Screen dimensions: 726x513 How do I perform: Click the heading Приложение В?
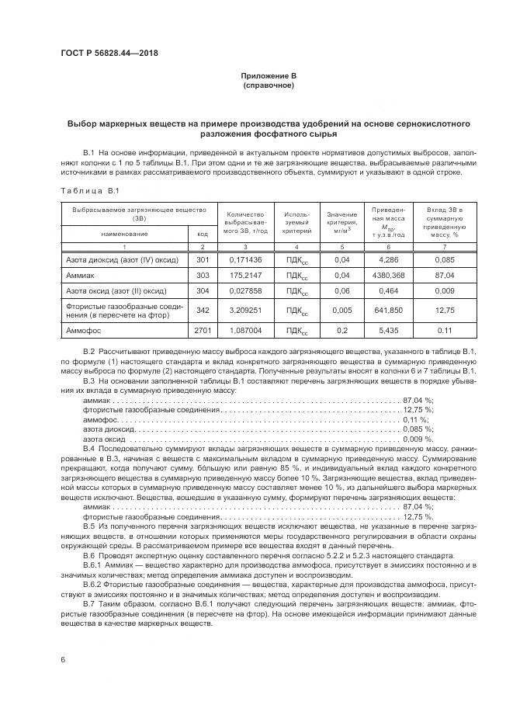coord(268,76)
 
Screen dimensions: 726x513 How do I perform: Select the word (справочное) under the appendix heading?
coord(268,85)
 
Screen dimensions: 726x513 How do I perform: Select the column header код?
coord(203,233)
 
